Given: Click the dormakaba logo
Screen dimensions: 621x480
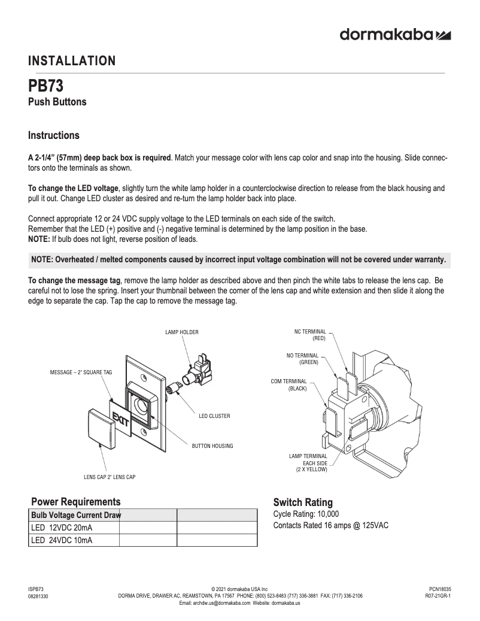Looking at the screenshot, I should pos(395,35).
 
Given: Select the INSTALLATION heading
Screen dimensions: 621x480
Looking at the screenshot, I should pos(72,60).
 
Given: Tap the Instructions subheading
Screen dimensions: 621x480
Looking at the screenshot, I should pos(54,135).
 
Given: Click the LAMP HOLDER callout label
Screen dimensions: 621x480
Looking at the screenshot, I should pos(182,332).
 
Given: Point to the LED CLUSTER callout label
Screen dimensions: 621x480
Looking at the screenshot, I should pos(214,416).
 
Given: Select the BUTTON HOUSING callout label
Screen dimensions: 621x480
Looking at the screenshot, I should pos(212,446).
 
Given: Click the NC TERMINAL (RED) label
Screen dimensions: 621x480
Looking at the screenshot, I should pos(310,335).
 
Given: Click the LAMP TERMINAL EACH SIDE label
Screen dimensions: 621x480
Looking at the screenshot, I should pos(308,463).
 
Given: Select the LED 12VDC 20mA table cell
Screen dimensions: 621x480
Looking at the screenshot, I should pos(62,528).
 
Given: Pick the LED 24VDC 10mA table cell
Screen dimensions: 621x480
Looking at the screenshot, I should pos(62,540).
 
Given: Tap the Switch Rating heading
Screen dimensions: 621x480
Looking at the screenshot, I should pos(303,502).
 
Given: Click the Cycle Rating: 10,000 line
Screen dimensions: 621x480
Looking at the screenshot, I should pos(306,514).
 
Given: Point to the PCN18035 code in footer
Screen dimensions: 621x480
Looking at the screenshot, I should pos(440,589).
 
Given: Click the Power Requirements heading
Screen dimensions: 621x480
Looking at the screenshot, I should pos(75,501).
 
